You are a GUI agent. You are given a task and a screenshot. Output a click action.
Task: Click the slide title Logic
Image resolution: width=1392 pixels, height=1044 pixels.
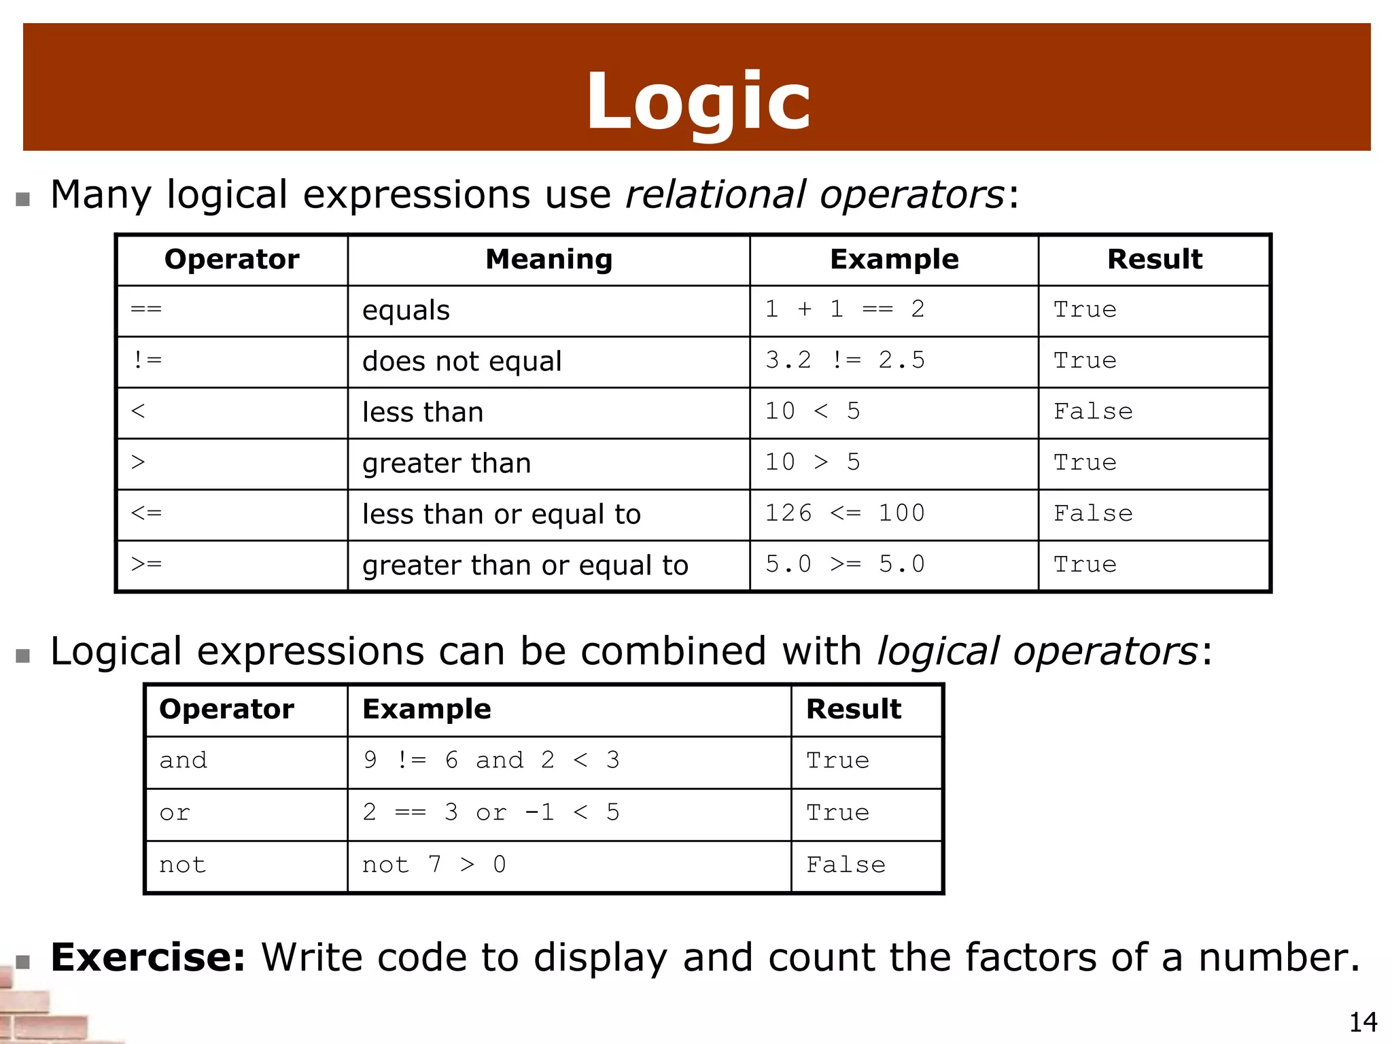tap(698, 102)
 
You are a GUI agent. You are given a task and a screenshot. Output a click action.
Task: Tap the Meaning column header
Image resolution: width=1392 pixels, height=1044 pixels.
tap(549, 260)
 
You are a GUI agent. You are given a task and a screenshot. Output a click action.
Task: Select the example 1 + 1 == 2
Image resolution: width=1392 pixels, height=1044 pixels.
tap(845, 310)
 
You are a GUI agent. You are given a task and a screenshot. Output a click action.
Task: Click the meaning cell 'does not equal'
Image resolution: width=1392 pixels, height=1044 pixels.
tap(462, 362)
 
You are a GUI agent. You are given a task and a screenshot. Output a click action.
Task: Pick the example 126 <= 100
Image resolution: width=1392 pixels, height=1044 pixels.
tap(845, 514)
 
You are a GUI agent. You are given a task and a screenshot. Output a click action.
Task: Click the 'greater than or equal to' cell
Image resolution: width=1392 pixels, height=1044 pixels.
tap(525, 565)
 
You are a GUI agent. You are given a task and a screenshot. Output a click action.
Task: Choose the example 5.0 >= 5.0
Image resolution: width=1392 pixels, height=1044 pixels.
tap(845, 565)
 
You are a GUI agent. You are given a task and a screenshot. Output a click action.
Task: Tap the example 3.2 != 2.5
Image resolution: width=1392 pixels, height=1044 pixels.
tap(845, 361)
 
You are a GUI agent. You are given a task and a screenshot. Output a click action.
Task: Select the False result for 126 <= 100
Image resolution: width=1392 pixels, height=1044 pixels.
tap(1093, 514)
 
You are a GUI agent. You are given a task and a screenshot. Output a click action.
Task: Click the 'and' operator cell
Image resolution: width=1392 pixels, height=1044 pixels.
tap(183, 761)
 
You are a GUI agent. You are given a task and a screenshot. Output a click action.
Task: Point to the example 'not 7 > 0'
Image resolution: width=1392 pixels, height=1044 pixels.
tap(434, 865)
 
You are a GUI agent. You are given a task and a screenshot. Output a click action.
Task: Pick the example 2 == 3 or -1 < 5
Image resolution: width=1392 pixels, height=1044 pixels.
tap(491, 813)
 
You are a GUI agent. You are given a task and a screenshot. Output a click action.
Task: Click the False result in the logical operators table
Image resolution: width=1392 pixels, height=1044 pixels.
tap(846, 865)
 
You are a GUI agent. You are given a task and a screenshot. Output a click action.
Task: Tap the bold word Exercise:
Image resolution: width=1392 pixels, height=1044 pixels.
tap(147, 958)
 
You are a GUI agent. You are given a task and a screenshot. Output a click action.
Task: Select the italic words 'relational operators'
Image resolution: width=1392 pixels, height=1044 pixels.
tap(814, 195)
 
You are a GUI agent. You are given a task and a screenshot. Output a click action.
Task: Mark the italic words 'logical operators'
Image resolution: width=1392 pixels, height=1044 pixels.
tap(1037, 652)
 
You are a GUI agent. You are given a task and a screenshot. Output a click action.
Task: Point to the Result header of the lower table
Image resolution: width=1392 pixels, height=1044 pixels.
tap(853, 710)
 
